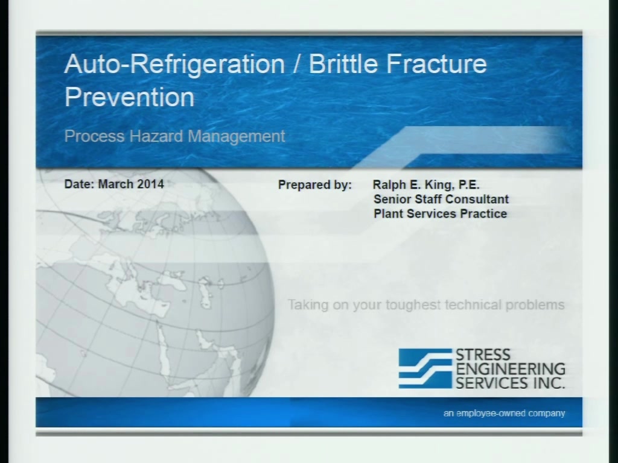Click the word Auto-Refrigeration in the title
coord(174,64)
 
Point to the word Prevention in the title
coord(130,97)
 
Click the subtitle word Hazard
coord(156,136)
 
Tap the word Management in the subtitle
coord(237,137)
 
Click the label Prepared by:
coord(315,185)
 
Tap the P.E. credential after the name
coord(469,184)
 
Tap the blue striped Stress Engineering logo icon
coord(425,368)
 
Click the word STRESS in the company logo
coord(483,355)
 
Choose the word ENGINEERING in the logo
coord(511,370)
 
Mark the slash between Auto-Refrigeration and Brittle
coord(297,64)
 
